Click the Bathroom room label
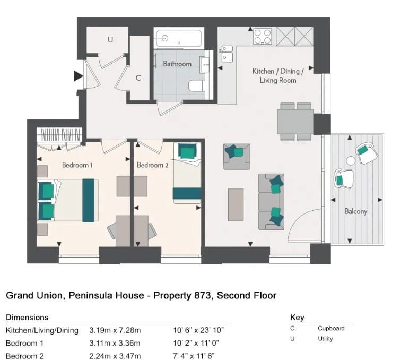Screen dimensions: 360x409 pyautogui.click(x=177, y=64)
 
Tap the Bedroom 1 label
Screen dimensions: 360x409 pyautogui.click(x=77, y=165)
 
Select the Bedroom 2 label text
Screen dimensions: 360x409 pyautogui.click(x=152, y=165)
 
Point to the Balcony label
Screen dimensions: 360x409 pyautogui.click(x=355, y=211)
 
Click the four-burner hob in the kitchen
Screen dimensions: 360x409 pyautogui.click(x=263, y=36)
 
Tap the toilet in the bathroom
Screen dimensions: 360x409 pyautogui.click(x=196, y=86)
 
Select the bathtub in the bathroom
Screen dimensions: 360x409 pyautogui.click(x=178, y=38)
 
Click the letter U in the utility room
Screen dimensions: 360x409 pyautogui.click(x=110, y=39)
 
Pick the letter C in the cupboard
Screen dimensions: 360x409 pyautogui.click(x=138, y=78)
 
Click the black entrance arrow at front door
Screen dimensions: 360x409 pyautogui.click(x=78, y=77)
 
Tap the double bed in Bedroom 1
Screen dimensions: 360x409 pyautogui.click(x=66, y=200)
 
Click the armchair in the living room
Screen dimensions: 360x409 pyautogui.click(x=236, y=156)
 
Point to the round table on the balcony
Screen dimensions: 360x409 pyautogui.click(x=351, y=160)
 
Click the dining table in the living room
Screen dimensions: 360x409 pyautogui.click(x=295, y=122)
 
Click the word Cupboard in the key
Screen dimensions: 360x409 pyautogui.click(x=331, y=328)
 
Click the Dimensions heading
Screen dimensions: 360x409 pyautogui.click(x=27, y=318)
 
